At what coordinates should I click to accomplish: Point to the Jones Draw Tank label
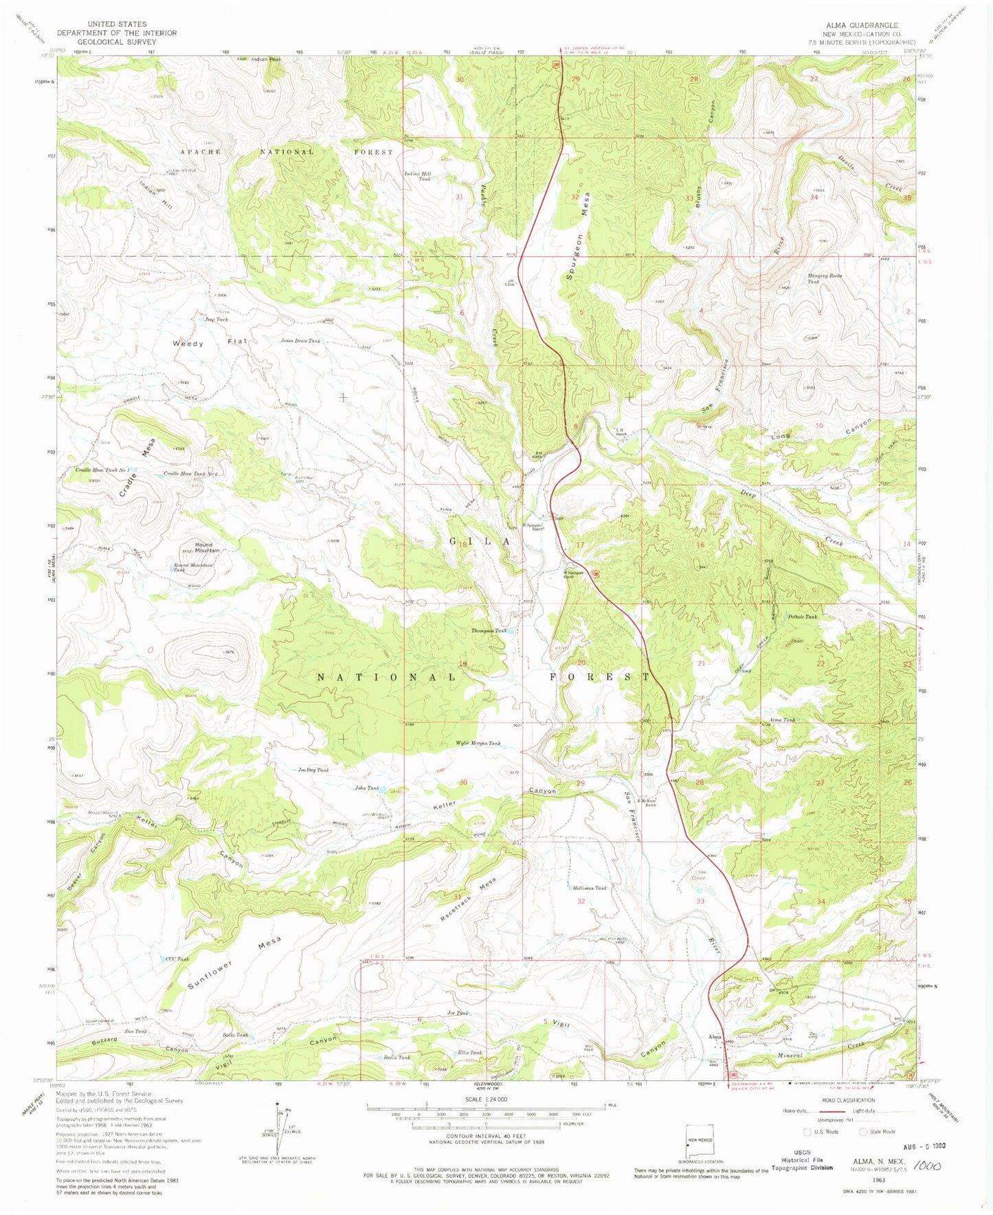[x=300, y=340]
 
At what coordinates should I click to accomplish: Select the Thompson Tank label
[x=489, y=630]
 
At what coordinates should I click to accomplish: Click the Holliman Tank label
[x=590, y=888]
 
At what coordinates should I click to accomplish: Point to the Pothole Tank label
[x=803, y=617]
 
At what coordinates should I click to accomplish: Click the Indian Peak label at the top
[x=266, y=60]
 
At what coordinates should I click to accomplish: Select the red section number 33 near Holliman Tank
[x=700, y=900]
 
